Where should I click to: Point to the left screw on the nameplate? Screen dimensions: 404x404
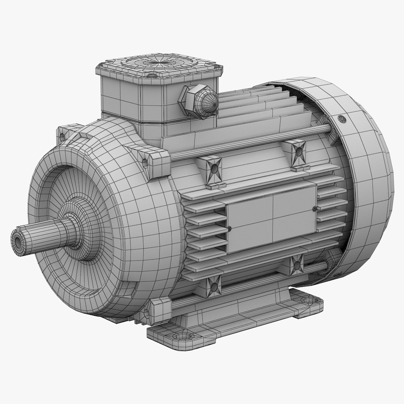coord(229,228)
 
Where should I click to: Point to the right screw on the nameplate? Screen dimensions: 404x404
coord(315,208)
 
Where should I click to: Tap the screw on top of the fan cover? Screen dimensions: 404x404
coord(341,119)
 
